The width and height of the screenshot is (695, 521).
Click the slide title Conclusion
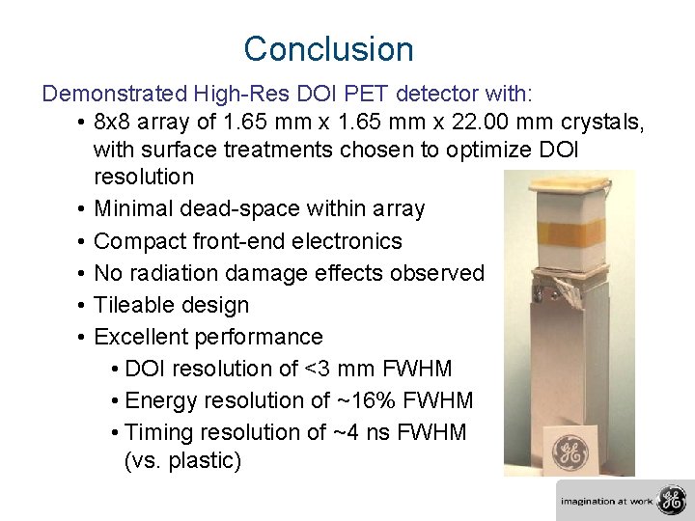click(328, 49)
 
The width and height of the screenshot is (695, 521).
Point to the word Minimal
click(133, 208)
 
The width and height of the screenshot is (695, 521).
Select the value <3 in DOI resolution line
click(313, 369)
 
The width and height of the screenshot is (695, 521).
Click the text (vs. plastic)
click(182, 461)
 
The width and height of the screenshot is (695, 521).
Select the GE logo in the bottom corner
click(670, 500)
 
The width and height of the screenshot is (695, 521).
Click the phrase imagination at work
click(607, 501)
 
